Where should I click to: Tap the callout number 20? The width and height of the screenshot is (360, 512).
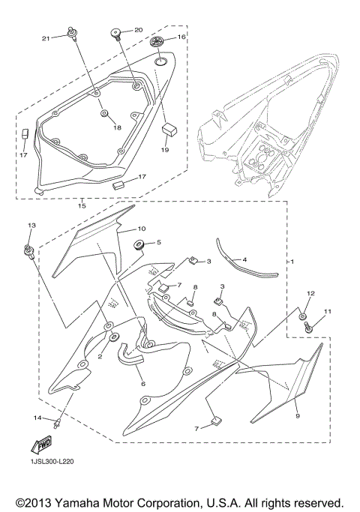(x=138, y=30)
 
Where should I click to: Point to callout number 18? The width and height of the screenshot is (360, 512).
(x=116, y=128)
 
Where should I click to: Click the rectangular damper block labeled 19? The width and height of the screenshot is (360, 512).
(x=169, y=130)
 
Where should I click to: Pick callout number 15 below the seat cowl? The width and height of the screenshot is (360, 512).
(x=81, y=205)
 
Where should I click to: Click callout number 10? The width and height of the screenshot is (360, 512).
(x=141, y=228)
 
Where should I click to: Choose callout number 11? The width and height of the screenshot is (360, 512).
(x=327, y=310)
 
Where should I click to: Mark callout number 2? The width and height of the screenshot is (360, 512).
(x=100, y=358)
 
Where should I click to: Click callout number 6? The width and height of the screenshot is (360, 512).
(x=142, y=383)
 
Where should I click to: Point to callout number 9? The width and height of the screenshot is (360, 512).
(x=297, y=415)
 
